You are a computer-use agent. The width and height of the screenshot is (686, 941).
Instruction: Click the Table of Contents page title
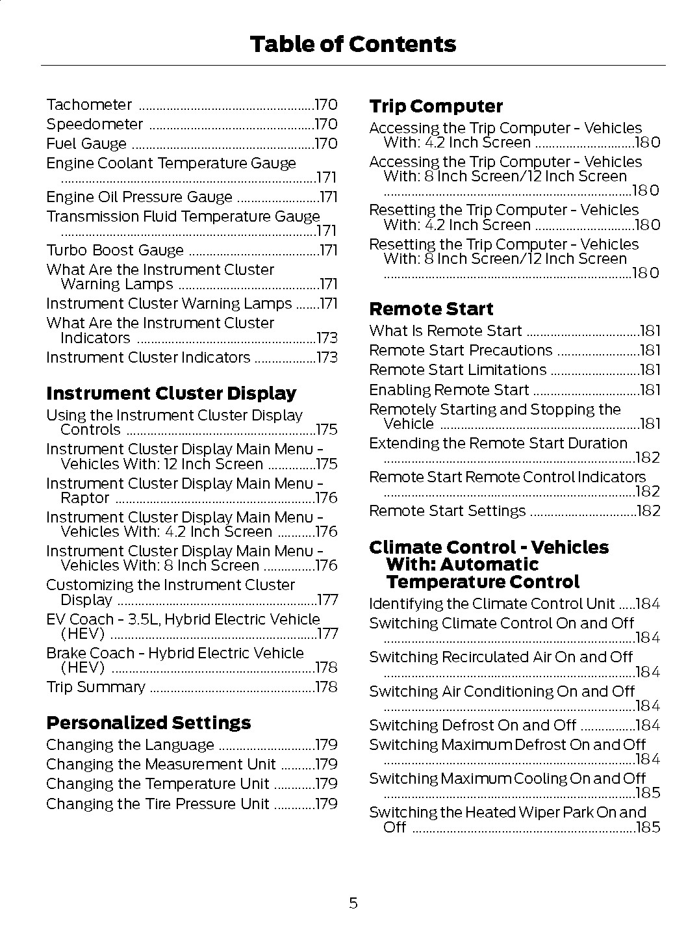pos(353,44)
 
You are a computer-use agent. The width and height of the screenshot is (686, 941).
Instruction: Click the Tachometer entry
pos(89,105)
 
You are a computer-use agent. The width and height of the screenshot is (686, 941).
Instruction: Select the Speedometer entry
pos(94,124)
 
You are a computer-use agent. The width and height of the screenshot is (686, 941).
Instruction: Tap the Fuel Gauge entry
pos(86,144)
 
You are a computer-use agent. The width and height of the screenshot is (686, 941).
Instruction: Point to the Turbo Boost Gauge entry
pos(115,250)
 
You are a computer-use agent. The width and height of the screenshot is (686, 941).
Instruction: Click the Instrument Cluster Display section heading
pos(171,393)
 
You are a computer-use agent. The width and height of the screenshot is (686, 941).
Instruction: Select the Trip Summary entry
pos(95,687)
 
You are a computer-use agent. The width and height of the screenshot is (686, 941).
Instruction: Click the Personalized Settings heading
pos(148,723)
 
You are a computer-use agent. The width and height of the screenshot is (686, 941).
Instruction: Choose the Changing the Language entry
pos(130,745)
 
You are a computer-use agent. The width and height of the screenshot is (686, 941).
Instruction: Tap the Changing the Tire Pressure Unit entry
pos(157,804)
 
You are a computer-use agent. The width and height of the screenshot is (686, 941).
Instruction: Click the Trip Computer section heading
pos(435,106)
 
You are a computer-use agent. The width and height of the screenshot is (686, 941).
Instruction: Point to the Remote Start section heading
pos(431,309)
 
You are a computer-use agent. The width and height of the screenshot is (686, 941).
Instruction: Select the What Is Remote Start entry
pos(445,331)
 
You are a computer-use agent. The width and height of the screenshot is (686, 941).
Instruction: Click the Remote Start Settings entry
pos(447,511)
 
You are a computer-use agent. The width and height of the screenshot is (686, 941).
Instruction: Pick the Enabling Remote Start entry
pos(449,390)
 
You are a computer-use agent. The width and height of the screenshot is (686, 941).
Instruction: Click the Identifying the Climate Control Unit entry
pos(492,604)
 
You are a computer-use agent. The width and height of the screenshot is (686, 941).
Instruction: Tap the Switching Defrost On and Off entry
pos(472,725)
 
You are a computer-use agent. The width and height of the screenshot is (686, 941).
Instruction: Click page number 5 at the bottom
pos(353,903)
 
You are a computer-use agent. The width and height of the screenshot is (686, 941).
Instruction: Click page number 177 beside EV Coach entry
pos(327,634)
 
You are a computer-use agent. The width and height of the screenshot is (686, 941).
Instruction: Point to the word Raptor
pos(84,498)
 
